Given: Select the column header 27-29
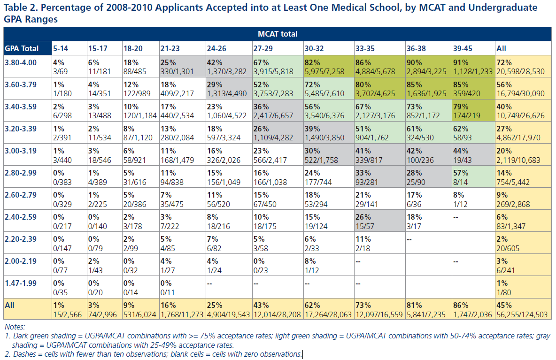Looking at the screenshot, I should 263,48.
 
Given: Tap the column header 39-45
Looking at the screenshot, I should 462,48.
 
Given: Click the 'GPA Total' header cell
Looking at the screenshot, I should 22,48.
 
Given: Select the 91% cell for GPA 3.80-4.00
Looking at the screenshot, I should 473,67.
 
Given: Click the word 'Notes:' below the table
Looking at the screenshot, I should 15,327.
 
